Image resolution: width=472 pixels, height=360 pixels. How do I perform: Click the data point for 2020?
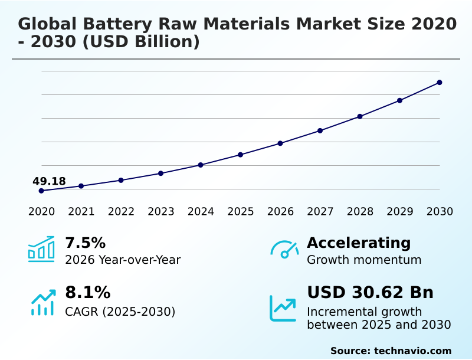(41, 191)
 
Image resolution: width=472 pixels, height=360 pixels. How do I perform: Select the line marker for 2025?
(240, 155)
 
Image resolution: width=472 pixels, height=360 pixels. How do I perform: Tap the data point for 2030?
(440, 83)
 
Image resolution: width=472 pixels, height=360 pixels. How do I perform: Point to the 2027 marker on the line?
(320, 130)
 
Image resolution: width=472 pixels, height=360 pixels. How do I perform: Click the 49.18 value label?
(49, 181)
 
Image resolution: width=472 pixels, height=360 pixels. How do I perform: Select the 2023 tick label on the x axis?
(160, 211)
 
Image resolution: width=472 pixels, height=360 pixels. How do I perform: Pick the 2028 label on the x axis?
(360, 211)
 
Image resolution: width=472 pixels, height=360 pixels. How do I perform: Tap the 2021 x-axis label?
(81, 211)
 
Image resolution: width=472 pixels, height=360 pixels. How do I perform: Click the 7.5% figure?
(85, 243)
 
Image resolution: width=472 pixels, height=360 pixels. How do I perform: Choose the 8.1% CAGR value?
(87, 293)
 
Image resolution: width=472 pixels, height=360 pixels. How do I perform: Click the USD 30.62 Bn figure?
(370, 293)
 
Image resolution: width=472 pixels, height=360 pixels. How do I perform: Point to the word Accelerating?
(359, 243)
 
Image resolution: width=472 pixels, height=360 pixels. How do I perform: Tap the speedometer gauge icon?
(284, 250)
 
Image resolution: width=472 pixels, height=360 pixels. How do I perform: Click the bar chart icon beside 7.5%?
(41, 250)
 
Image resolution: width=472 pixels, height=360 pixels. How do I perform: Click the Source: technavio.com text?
(391, 351)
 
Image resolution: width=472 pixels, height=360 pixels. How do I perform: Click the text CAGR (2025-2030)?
(120, 312)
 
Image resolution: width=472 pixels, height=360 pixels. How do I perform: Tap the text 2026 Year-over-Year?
(123, 260)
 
